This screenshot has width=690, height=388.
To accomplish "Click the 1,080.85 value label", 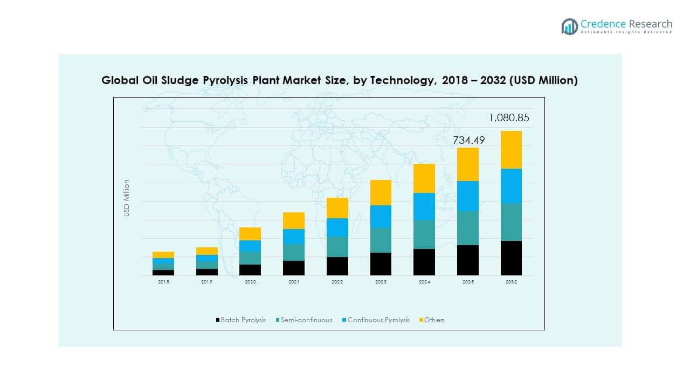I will [x=509, y=117].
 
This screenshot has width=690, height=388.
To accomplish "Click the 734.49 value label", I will [x=468, y=140].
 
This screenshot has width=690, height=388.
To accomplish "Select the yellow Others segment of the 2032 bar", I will [x=511, y=150].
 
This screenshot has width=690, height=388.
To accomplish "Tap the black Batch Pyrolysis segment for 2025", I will [x=468, y=260].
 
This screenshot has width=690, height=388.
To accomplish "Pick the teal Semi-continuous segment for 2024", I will [x=424, y=234].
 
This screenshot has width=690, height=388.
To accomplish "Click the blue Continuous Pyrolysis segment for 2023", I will [x=381, y=217].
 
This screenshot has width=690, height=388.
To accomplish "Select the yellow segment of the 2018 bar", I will [x=163, y=255].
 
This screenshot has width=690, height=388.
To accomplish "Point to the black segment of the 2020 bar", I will [x=250, y=270].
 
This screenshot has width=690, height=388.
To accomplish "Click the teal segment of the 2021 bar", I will [x=294, y=252].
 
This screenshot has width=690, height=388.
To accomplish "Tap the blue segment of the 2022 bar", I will [x=337, y=227].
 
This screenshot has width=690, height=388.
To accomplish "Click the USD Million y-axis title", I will [x=127, y=198].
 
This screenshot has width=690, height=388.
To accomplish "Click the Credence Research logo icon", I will [x=569, y=26].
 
